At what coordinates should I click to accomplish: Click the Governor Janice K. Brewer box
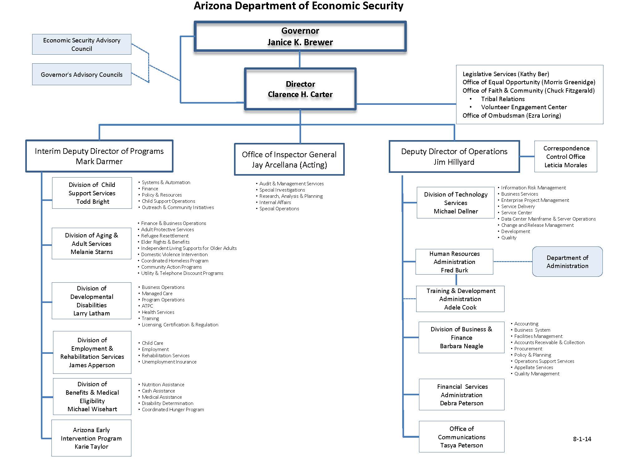coord(300,37)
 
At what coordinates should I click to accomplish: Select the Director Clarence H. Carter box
coord(300,89)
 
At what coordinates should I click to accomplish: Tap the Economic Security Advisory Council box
coord(82,44)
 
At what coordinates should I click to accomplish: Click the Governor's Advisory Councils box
coord(82,75)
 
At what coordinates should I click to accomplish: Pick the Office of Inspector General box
coord(289,159)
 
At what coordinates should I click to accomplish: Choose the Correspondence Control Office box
coord(566,157)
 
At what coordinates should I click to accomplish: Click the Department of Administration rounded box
coord(567,262)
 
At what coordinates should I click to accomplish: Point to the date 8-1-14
coord(582,439)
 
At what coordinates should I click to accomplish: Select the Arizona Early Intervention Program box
coord(91,438)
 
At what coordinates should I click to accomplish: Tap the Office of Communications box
coord(461,437)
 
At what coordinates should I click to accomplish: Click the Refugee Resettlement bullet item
coord(165,236)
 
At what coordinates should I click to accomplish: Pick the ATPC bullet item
coord(147,306)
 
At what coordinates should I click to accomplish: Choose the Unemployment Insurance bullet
coord(169,362)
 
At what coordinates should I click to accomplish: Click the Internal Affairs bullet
coord(275,202)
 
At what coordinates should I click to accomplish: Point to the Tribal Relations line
coord(503,99)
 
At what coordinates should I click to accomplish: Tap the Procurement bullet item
coord(528,349)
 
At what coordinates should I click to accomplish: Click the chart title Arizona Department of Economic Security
coord(298,6)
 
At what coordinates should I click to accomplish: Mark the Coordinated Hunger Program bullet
coord(173,410)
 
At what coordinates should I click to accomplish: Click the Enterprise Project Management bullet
coord(535,200)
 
